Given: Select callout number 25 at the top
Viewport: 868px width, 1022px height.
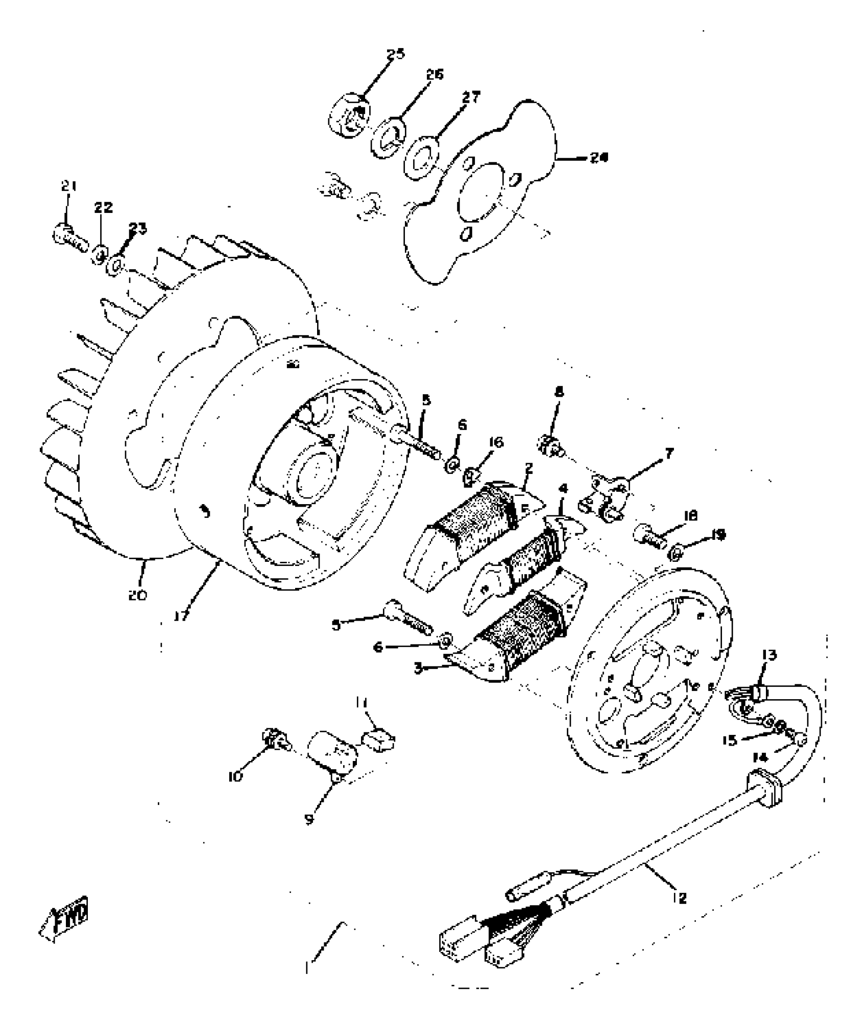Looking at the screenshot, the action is point(395,54).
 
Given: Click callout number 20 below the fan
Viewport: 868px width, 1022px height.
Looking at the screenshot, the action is point(137,595).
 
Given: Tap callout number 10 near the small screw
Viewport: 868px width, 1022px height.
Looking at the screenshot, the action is point(236,776).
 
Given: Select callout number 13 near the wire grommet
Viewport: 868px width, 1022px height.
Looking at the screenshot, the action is point(769,655).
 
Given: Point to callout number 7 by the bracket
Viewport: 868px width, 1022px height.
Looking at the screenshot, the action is point(669,454).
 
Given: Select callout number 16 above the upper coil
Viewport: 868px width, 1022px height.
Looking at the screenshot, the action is point(496,442).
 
